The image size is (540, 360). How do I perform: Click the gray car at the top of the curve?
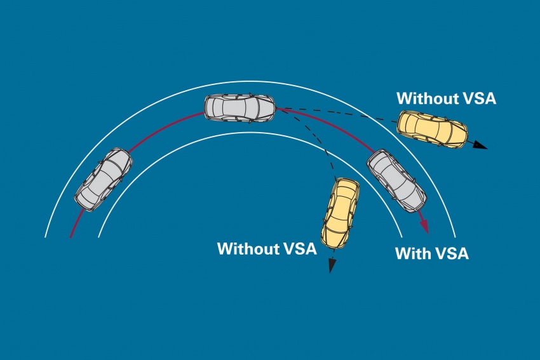click(x=240, y=108)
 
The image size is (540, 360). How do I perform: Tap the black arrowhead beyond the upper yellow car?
click(x=480, y=146)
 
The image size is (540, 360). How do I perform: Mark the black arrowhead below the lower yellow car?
click(x=331, y=266)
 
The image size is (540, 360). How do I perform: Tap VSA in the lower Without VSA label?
click(x=299, y=248)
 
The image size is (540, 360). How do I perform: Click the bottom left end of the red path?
click(x=71, y=236)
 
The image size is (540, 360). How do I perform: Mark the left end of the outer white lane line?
click(x=46, y=236)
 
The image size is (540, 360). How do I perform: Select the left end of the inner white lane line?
click(x=99, y=236)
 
